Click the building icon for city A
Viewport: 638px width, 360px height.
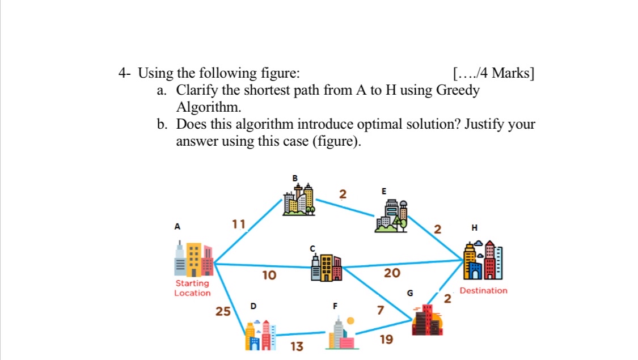pos(194,259)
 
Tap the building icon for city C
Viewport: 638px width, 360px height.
pos(326,266)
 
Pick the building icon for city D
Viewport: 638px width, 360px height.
pos(260,334)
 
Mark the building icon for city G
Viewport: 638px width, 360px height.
pos(427,321)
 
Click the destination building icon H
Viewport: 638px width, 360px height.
pos(483,261)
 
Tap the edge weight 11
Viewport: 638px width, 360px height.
pos(239,224)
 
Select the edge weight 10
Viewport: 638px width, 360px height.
pos(269,276)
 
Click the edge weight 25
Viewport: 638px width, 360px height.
pos(223,311)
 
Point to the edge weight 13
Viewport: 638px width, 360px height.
pos(297,346)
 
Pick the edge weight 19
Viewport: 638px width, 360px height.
pos(386,340)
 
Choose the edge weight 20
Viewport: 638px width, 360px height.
pos(392,273)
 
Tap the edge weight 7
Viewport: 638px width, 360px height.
pos(381,310)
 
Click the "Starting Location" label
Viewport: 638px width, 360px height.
pos(192,288)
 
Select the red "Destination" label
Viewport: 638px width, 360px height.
pos(483,290)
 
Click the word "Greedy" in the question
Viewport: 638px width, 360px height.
pos(457,90)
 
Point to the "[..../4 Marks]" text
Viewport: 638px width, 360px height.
pos(493,73)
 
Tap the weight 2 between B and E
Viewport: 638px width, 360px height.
pos(342,194)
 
